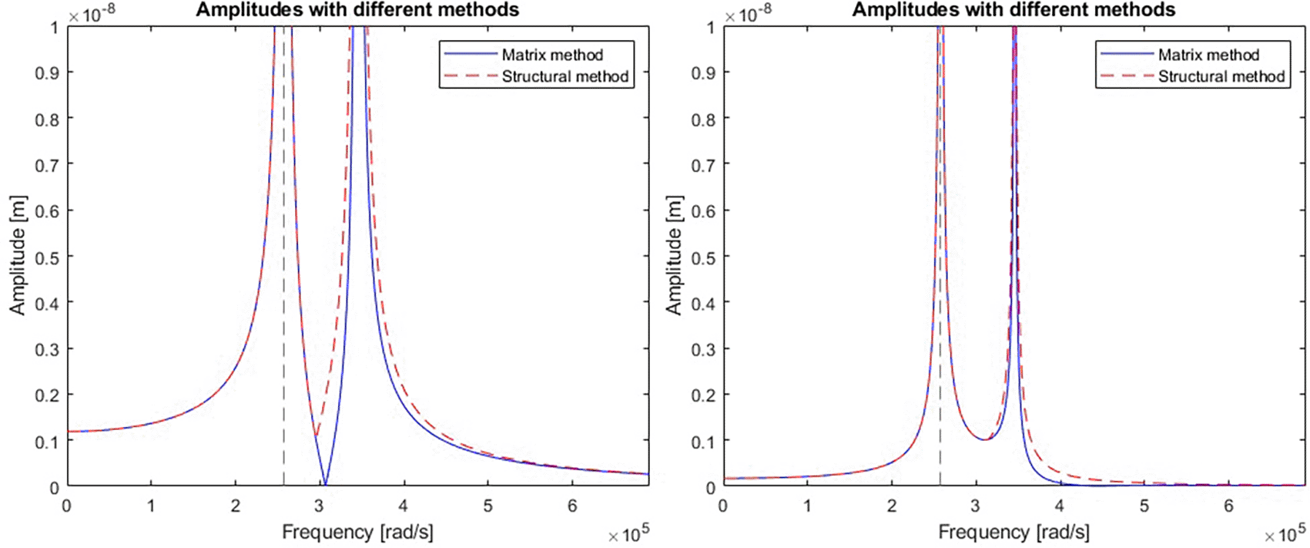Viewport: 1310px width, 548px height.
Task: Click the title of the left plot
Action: pyautogui.click(x=357, y=10)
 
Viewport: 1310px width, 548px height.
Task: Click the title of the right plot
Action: pyautogui.click(x=1013, y=10)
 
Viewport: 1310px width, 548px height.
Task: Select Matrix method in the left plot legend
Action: pyautogui.click(x=552, y=55)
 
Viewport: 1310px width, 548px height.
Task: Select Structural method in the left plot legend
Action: pyautogui.click(x=565, y=76)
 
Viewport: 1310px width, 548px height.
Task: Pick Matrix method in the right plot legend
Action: pyautogui.click(x=1208, y=55)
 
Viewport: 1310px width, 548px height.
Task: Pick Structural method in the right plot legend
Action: pyautogui.click(x=1221, y=76)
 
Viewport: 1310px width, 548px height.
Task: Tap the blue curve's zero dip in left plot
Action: pyautogui.click(x=325, y=484)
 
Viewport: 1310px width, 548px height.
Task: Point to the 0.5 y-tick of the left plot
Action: pyautogui.click(x=48, y=257)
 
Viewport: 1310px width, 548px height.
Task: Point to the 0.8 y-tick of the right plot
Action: pyautogui.click(x=704, y=119)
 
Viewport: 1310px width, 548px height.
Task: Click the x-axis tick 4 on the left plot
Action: pyautogui.click(x=404, y=506)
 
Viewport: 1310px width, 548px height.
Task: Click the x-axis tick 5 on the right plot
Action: pyautogui.click(x=1144, y=506)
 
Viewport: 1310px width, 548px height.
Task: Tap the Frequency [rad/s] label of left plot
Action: pyautogui.click(x=357, y=532)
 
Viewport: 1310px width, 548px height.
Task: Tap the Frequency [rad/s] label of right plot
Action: pyautogui.click(x=1013, y=532)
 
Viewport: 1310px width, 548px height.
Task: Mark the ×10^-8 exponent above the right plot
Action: pyautogui.click(x=748, y=14)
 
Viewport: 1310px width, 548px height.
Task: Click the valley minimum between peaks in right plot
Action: pyautogui.click(x=985, y=439)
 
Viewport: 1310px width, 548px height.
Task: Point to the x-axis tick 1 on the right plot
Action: pyautogui.click(x=807, y=506)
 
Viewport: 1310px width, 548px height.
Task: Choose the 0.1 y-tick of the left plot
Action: pyautogui.click(x=48, y=441)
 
